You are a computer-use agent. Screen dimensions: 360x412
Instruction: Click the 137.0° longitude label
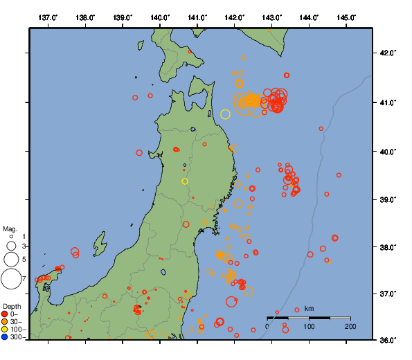point(48,17)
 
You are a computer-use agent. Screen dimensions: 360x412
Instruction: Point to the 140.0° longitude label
point(160,17)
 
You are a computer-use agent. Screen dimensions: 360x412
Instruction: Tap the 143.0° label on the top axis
point(272,17)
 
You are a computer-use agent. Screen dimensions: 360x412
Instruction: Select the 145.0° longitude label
point(346,17)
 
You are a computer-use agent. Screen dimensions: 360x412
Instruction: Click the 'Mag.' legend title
point(10,228)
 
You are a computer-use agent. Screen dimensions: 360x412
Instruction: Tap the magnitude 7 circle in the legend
point(11,279)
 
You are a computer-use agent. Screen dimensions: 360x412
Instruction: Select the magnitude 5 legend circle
point(11,259)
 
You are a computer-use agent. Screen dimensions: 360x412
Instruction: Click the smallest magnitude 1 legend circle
point(11,237)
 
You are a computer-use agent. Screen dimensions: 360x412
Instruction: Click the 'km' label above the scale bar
point(309,308)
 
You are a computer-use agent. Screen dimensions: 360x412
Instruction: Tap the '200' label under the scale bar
point(350,326)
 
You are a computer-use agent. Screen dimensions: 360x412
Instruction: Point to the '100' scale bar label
point(309,326)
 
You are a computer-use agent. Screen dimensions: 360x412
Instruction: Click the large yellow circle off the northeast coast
point(225,114)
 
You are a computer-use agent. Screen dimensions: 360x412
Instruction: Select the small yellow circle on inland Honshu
point(185,181)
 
